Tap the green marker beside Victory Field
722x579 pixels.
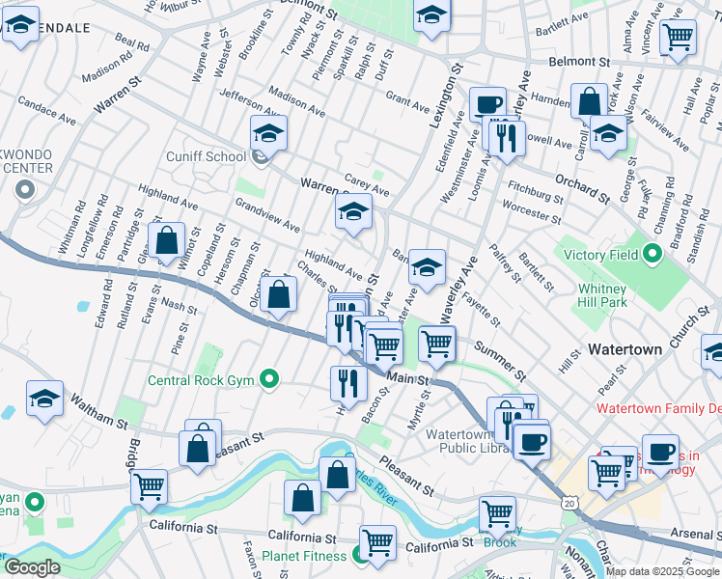(x=653, y=256)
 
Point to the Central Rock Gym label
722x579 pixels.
(x=200, y=379)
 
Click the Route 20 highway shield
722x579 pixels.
(x=569, y=503)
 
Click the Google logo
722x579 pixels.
(x=33, y=567)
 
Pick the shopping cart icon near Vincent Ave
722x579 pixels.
(x=680, y=38)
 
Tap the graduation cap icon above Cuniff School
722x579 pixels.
(x=268, y=132)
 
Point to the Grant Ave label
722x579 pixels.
(x=406, y=100)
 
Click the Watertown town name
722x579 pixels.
(x=625, y=349)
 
